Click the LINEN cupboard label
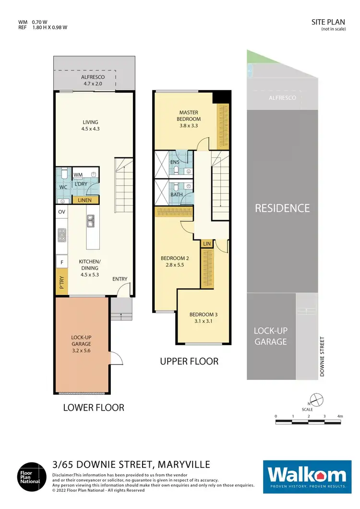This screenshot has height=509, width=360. point(85,200)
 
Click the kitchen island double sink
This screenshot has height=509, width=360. point(91,221)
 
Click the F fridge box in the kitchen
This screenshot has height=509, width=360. point(61,262)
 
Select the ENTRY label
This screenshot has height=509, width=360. point(120,279)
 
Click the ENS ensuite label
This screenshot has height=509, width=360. point(175,162)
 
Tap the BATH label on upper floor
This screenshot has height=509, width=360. point(176,195)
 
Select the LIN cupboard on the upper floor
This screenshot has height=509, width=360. point(207,244)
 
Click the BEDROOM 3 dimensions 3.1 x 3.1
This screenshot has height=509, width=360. point(204,321)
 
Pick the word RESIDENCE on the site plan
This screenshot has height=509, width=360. point(282,208)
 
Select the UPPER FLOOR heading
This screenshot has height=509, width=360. point(189,361)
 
